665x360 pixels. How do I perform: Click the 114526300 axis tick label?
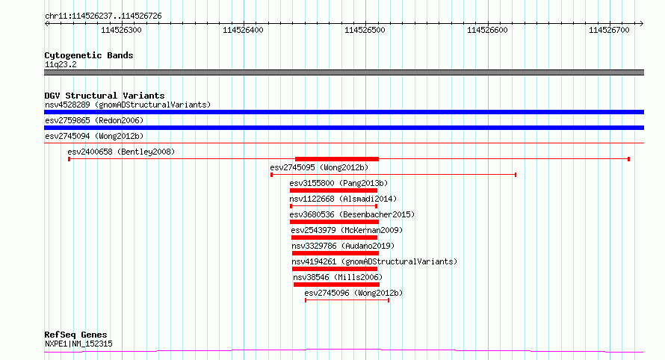pos(121,30)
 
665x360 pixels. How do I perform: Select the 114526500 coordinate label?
pos(365,30)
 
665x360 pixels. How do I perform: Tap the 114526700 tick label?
pos(609,30)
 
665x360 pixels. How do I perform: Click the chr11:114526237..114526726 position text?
pos(103,16)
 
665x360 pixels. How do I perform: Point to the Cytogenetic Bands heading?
pos(89,55)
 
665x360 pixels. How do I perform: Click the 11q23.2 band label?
pos(61,64)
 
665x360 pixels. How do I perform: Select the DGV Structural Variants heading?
pos(105,96)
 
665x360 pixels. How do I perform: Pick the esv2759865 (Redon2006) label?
pos(94,120)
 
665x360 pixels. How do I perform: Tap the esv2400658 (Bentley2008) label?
pos(121,152)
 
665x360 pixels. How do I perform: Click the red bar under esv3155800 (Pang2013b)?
pos(333,190)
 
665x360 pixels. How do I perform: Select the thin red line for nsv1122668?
pos(333,206)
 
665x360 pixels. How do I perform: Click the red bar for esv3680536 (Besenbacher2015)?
pos(334,222)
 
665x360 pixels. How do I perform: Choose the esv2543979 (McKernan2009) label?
pos(347,230)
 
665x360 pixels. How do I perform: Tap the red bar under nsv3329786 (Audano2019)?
pos(335,253)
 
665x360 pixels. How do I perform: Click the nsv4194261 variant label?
pos(314,261)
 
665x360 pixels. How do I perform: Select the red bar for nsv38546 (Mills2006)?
pos(336,285)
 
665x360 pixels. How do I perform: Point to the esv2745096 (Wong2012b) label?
pos(353,293)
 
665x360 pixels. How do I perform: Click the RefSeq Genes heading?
pos(75,335)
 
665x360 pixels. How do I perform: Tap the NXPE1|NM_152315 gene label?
pos(79,344)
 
